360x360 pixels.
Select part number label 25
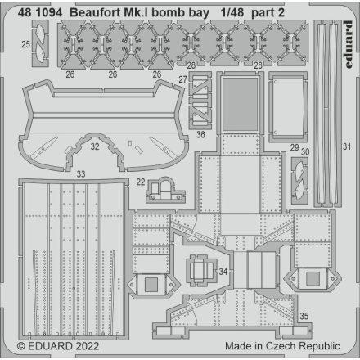tap(26, 43)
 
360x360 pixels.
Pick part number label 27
tap(183, 79)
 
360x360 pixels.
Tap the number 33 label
tap(80, 173)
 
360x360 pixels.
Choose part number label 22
tap(141, 182)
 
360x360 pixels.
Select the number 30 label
tap(306, 151)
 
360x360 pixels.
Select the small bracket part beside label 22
tap(164, 190)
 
